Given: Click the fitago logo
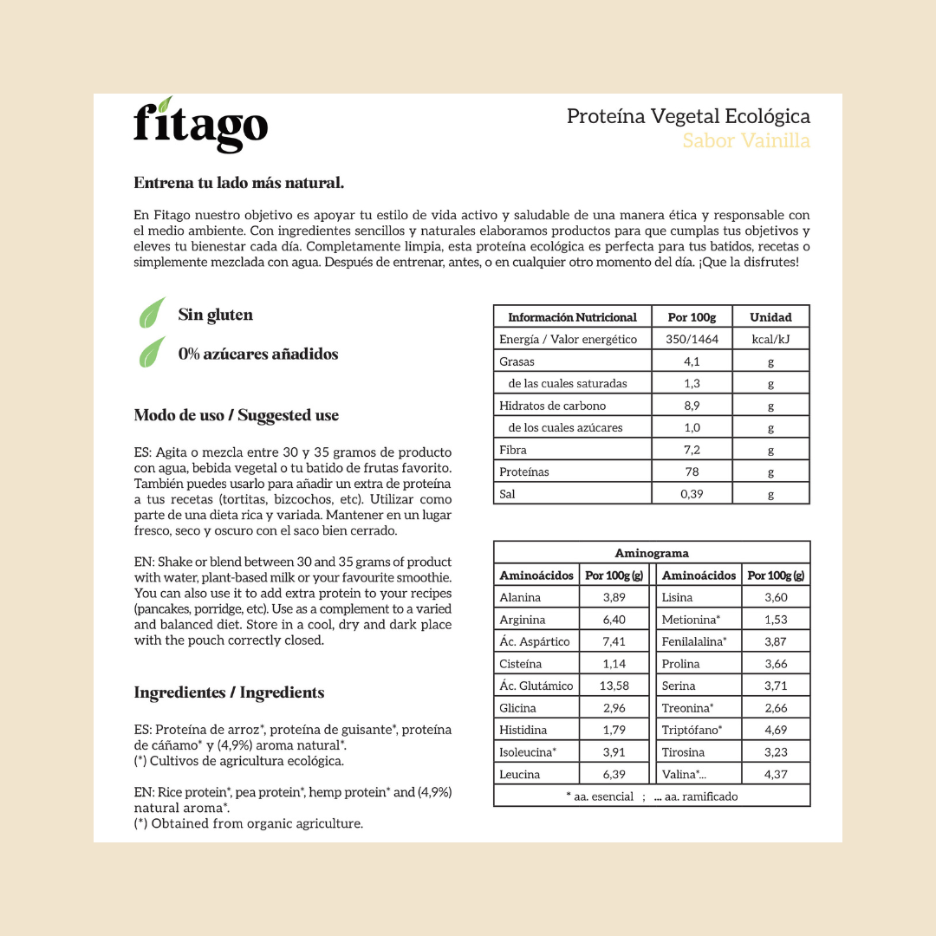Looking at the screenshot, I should point(200,126).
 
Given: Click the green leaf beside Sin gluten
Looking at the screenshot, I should point(153,313).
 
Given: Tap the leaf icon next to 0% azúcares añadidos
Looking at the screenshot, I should point(153,352).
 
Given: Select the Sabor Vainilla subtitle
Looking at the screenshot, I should point(746,140).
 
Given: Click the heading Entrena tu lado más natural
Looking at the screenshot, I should point(239,183).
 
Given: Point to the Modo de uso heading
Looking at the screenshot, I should point(236,415).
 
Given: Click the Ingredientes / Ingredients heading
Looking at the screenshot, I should point(229,692).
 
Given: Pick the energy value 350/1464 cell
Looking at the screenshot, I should point(692,339).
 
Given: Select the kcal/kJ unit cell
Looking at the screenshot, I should point(770,339).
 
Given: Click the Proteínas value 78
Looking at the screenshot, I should point(692,471).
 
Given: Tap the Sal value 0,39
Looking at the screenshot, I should point(692,494).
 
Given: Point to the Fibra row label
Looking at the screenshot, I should point(513,450).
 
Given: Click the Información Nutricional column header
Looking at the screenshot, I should point(572,317).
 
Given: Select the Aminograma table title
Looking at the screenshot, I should point(652,553).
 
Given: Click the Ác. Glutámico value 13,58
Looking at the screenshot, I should point(614,686).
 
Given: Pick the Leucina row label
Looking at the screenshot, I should point(520,774).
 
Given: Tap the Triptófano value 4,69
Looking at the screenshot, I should point(776,730).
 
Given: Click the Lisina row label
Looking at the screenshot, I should point(678,597).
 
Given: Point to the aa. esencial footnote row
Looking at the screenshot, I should point(652,796).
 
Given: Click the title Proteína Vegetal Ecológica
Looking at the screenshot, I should point(688,116).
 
